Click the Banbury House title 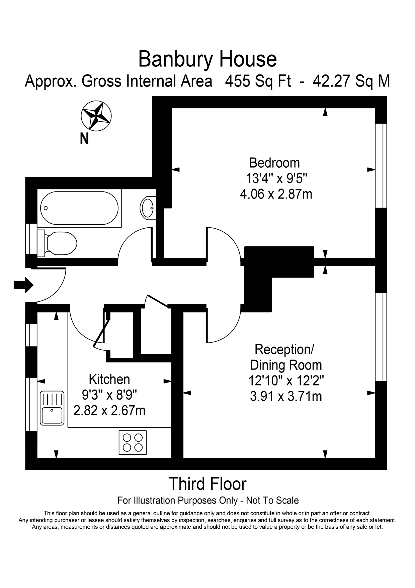click(x=207, y=59)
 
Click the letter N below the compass click(x=84, y=138)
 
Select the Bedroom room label click(x=274, y=163)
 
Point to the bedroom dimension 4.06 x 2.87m click(x=276, y=194)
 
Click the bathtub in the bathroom click(x=79, y=208)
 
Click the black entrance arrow click(x=23, y=285)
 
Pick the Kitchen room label click(x=109, y=379)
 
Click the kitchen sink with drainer click(x=52, y=408)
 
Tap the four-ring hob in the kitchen click(x=133, y=442)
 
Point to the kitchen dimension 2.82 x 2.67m click(x=109, y=410)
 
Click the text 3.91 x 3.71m click(x=286, y=396)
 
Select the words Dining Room click(x=286, y=365)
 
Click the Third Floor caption click(x=207, y=484)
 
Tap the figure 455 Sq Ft click(x=258, y=81)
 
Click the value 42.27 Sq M click(x=351, y=81)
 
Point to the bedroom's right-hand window click(x=381, y=166)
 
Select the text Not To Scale click(x=272, y=501)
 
